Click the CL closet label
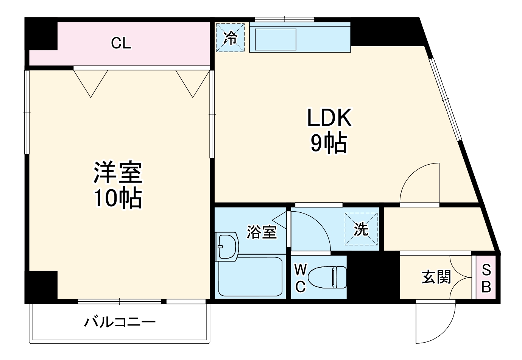(x=121, y=43)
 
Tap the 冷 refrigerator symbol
(x=231, y=37)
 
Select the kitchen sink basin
(x=276, y=39)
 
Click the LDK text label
(x=329, y=118)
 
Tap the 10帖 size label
(x=118, y=198)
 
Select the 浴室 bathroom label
(x=262, y=232)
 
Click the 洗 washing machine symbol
(x=361, y=229)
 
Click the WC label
(x=300, y=279)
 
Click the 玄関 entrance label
(x=436, y=277)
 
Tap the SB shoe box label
(x=486, y=279)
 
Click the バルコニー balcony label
(x=120, y=323)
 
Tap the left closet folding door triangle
(x=91, y=83)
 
